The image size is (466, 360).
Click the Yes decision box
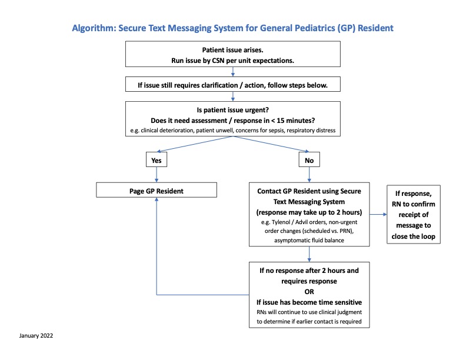157,159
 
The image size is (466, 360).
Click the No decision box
309,159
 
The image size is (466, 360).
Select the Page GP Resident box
157,190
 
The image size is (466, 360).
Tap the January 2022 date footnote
36,336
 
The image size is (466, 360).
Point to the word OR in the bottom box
309,292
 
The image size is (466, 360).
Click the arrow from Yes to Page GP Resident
157,175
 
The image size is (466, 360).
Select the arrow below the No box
309,175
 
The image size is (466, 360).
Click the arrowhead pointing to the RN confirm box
385,214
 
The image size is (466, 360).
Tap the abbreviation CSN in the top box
218,61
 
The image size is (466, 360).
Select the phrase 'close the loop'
413,236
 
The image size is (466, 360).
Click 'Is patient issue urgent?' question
232,110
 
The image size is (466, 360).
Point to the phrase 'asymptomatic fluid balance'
309,241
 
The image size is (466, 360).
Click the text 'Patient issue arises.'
232,50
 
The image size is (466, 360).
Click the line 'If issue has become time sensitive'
309,302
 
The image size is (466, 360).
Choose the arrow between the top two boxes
232,72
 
